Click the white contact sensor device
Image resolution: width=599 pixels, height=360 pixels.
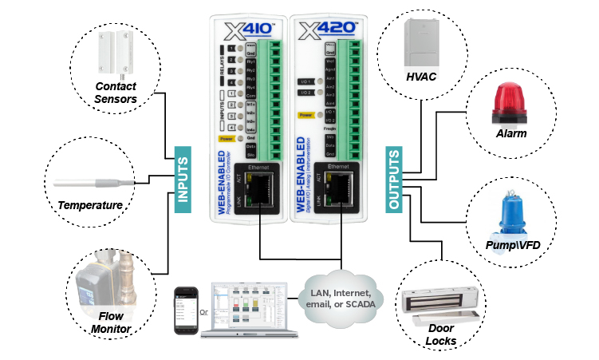pos(114,53)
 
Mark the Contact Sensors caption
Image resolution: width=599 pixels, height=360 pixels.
pos(116,93)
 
